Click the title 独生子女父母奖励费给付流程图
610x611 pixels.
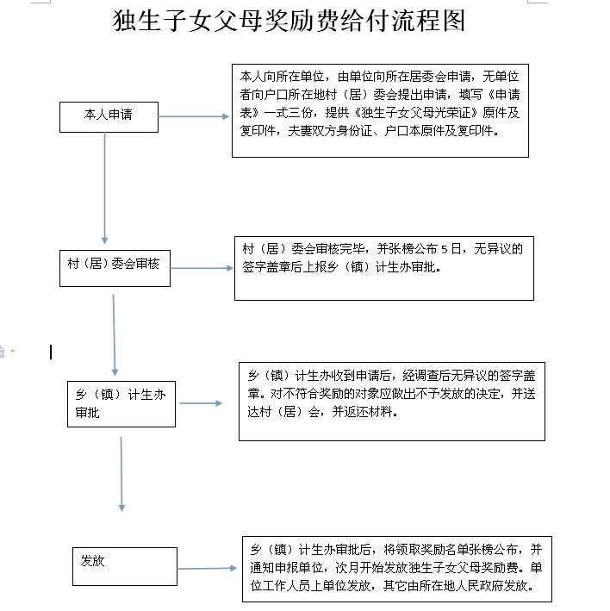pyautogui.click(x=289, y=21)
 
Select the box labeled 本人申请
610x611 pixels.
pyautogui.click(x=109, y=117)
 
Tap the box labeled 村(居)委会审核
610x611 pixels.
pyautogui.click(x=115, y=269)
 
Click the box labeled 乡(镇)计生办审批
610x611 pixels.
pyautogui.click(x=121, y=404)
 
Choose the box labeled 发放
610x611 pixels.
pyautogui.click(x=125, y=566)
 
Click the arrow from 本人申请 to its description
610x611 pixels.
pyautogui.click(x=194, y=116)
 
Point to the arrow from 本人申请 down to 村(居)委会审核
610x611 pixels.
pyautogui.click(x=105, y=188)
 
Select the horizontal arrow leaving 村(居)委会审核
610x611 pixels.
pyautogui.click(x=202, y=268)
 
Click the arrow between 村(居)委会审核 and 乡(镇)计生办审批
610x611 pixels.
pyautogui.click(x=114, y=335)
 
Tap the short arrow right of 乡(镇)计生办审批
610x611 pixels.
pyautogui.click(x=201, y=403)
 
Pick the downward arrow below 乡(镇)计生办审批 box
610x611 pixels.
pyautogui.click(x=121, y=474)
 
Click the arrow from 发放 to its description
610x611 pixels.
pyautogui.click(x=207, y=569)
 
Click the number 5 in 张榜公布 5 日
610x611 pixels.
pyautogui.click(x=444, y=249)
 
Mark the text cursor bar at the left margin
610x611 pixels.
pyautogui.click(x=51, y=352)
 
